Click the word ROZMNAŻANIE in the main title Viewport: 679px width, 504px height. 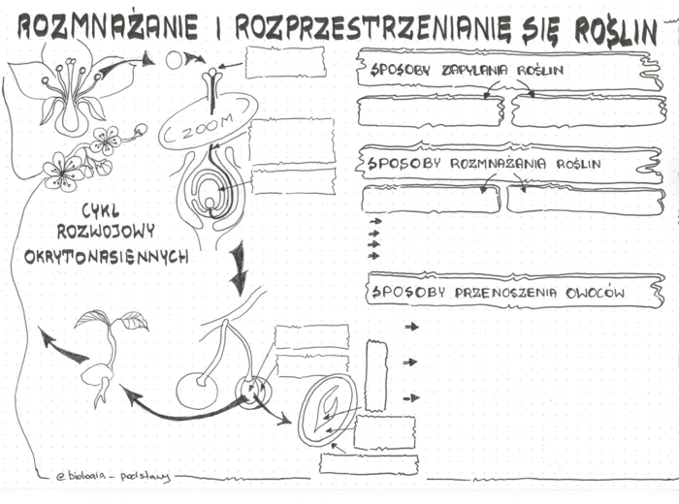(108, 30)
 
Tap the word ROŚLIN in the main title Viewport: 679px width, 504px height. (616, 32)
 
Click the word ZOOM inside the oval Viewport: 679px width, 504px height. (208, 123)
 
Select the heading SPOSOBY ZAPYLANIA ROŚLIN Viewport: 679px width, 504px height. (466, 71)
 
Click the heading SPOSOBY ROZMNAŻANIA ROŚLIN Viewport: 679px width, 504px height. (483, 164)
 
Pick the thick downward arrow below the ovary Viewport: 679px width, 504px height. (238, 268)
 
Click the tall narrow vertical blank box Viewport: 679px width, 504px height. (375, 374)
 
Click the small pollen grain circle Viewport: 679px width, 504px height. (174, 60)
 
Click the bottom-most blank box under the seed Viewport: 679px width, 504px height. (368, 463)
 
